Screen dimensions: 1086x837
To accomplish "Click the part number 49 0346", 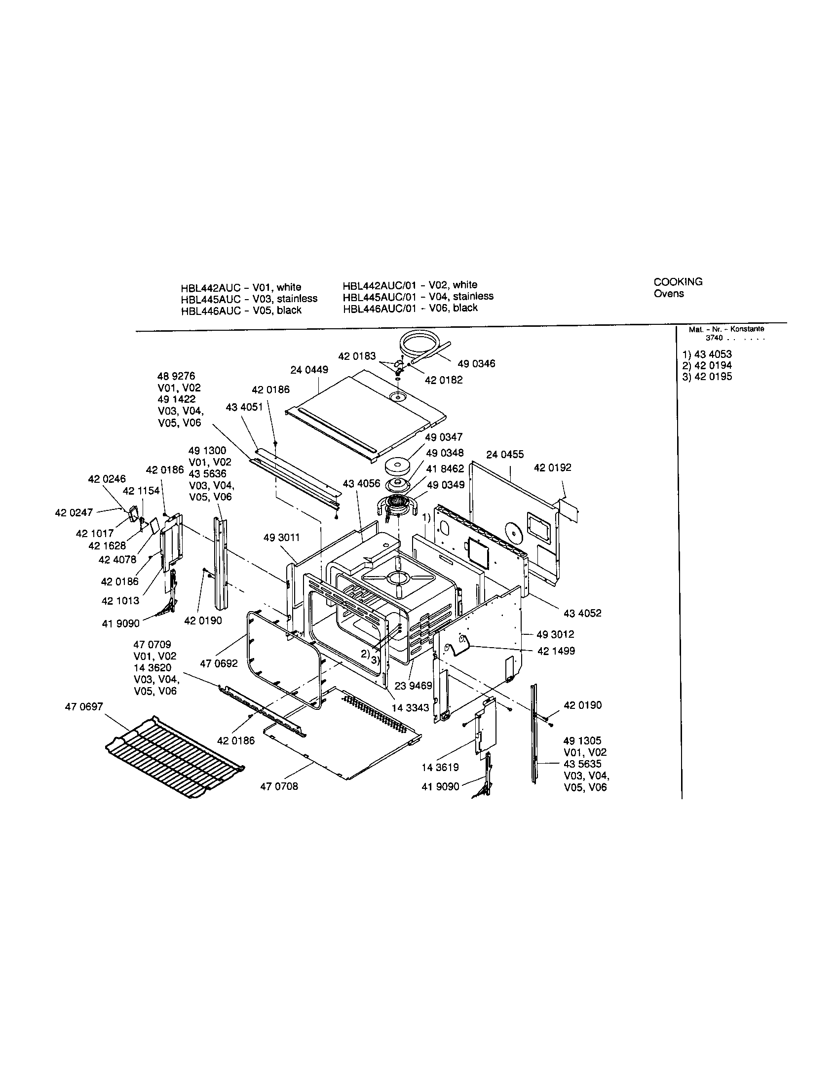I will point(476,363).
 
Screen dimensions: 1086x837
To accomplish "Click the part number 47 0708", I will point(279,786).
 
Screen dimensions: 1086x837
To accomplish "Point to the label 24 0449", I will point(309,370).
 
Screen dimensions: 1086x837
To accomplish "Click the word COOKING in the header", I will point(678,282).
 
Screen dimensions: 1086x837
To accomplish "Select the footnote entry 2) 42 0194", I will point(707,365).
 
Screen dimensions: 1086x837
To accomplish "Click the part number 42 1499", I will point(556,651).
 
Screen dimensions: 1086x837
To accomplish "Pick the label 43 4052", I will point(582,613).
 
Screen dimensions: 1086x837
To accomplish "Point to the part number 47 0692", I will point(219,663).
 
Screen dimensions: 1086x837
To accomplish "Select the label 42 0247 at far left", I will point(74,512).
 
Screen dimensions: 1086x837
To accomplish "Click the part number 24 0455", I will point(505,454).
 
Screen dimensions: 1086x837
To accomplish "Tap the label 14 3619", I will point(440,767).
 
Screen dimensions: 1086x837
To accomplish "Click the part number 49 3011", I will point(282,538).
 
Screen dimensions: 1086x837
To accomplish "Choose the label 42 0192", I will point(553,467).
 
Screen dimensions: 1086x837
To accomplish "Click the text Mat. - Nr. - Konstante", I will point(726,329).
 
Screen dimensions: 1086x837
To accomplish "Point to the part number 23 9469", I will point(413,686).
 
